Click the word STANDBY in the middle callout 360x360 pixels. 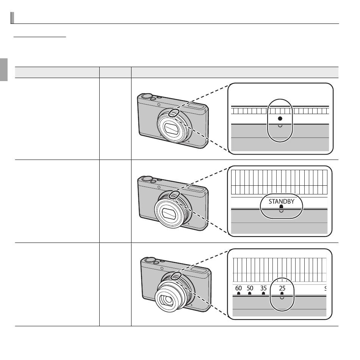(x=282, y=201)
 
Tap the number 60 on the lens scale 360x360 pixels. (x=238, y=288)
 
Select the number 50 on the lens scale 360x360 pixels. (x=250, y=288)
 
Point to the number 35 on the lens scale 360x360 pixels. (x=264, y=288)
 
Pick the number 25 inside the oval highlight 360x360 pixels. (x=282, y=288)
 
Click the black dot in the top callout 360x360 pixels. (x=280, y=119)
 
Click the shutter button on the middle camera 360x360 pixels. (x=147, y=178)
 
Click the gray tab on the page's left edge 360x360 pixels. (x=4, y=70)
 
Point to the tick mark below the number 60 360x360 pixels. (x=238, y=293)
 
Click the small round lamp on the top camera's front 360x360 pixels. (x=159, y=105)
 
